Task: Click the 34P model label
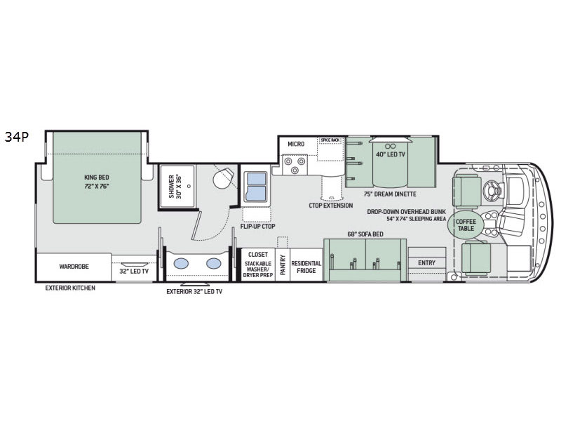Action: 16,137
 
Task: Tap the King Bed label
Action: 97,178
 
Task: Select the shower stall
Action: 177,186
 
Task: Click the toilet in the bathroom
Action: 223,178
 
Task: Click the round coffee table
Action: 466,225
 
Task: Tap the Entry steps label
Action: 426,262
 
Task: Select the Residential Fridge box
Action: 306,265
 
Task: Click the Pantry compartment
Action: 283,265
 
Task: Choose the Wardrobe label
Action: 74,267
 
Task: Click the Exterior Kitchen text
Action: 70,288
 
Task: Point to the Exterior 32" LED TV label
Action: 194,292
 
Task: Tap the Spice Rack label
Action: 330,140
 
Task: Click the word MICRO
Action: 296,144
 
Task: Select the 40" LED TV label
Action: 390,154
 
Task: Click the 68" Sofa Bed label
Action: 365,234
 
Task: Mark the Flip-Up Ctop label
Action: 257,226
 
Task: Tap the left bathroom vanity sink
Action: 181,263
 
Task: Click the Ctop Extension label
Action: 330,206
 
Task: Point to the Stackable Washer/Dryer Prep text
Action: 257,269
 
